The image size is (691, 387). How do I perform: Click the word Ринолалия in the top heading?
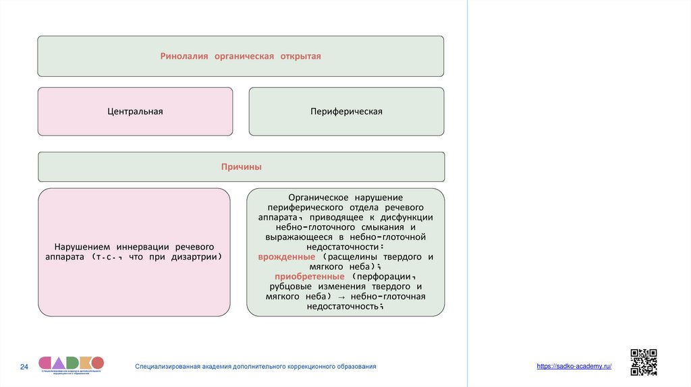click(x=184, y=56)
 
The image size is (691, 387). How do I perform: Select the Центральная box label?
click(x=135, y=111)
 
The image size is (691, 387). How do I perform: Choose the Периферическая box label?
click(x=347, y=111)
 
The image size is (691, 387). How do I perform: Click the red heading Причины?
click(x=241, y=167)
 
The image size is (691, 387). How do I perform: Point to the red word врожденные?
click(x=286, y=258)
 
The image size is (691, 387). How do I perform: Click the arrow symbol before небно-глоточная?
click(x=339, y=297)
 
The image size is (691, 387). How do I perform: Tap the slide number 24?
click(x=24, y=367)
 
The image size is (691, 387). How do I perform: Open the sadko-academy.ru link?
click(x=574, y=365)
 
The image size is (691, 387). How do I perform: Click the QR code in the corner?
click(x=643, y=362)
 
